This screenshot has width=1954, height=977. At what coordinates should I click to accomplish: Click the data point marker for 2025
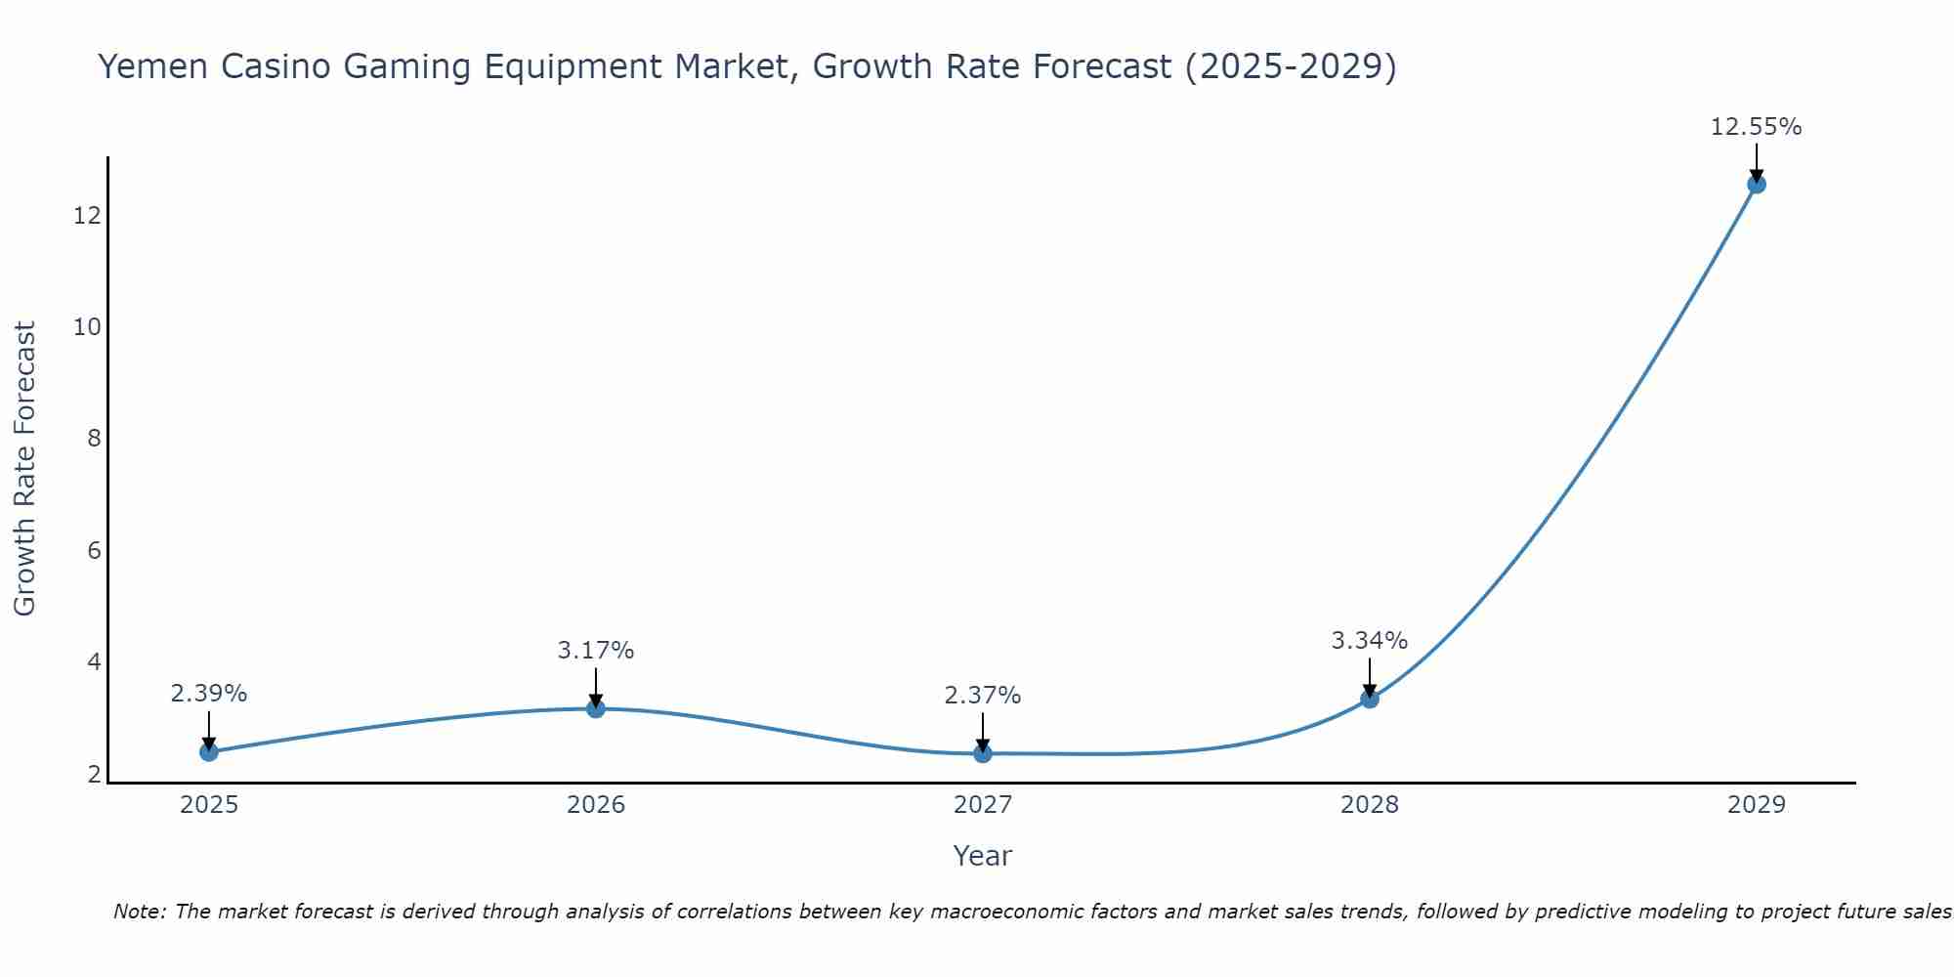tap(209, 751)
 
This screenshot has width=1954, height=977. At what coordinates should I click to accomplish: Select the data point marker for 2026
tap(596, 707)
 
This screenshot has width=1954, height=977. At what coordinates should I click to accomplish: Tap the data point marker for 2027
tap(983, 753)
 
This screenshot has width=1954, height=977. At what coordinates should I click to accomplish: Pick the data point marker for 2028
tap(1370, 699)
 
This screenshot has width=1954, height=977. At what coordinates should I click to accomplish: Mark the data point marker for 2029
tap(1757, 184)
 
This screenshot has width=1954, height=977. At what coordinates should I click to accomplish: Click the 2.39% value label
tap(209, 694)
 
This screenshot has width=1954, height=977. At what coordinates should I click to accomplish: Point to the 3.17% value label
tap(596, 650)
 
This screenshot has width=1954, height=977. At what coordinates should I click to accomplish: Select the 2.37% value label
tap(983, 696)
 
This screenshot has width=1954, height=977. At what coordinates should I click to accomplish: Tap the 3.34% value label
tap(1370, 641)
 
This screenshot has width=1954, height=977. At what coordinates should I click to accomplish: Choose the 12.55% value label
tap(1757, 127)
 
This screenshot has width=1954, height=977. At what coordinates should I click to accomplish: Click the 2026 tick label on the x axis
tap(596, 805)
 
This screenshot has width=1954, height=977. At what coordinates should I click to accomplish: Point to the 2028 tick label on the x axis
tap(1370, 805)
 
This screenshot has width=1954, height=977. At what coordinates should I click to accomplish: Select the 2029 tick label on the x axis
tap(1757, 805)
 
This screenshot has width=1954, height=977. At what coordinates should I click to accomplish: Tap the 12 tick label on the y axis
tap(88, 215)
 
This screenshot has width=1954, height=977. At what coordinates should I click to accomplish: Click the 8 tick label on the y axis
tap(94, 438)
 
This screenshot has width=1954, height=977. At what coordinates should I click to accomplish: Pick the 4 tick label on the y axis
tap(94, 661)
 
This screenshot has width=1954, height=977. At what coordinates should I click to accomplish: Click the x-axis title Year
tap(983, 856)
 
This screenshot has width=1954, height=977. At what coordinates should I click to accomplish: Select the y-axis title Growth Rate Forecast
tap(24, 469)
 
